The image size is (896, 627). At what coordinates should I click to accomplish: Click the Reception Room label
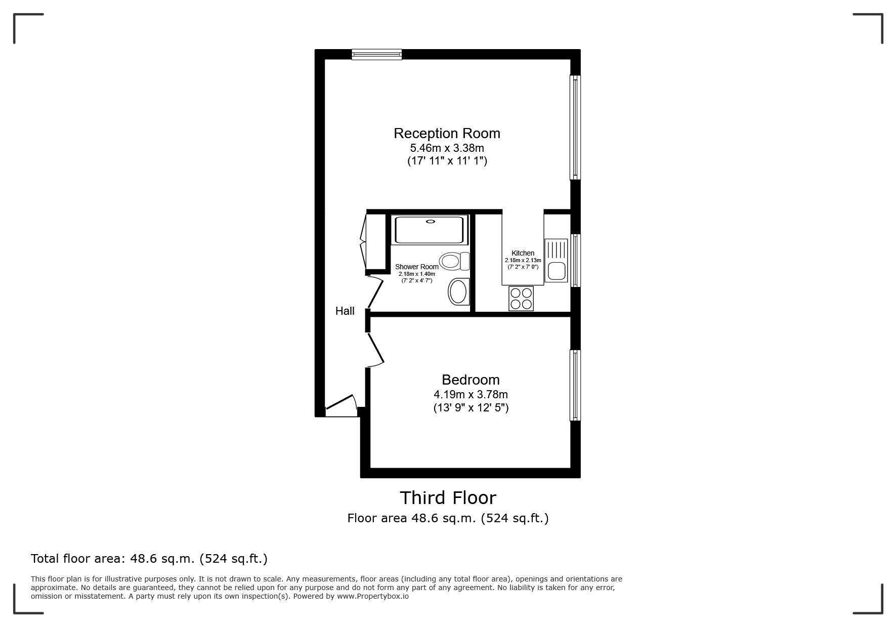(x=447, y=134)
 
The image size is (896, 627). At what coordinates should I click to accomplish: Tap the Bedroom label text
(x=471, y=380)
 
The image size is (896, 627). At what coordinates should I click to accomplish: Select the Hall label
(x=345, y=311)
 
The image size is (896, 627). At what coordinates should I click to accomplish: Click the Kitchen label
(x=523, y=253)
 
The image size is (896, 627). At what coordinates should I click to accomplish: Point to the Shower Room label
(x=416, y=267)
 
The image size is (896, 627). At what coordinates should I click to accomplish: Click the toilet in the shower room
(x=454, y=261)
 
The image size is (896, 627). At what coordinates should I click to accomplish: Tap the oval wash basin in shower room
(x=458, y=291)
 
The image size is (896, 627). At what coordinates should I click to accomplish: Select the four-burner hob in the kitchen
(x=521, y=299)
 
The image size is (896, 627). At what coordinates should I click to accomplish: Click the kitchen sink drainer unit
(x=556, y=260)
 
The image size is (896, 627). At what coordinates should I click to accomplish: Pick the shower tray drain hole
(x=431, y=221)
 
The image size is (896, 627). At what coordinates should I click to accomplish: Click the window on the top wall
(x=377, y=54)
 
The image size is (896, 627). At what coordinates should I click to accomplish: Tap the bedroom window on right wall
(x=575, y=385)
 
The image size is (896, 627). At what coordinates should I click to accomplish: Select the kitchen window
(x=575, y=260)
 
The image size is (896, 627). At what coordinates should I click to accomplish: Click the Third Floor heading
(x=448, y=498)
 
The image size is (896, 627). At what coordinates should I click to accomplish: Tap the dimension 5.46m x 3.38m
(x=447, y=148)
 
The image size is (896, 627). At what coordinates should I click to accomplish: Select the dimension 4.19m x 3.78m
(x=471, y=394)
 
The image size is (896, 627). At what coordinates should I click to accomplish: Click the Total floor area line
(x=149, y=559)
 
